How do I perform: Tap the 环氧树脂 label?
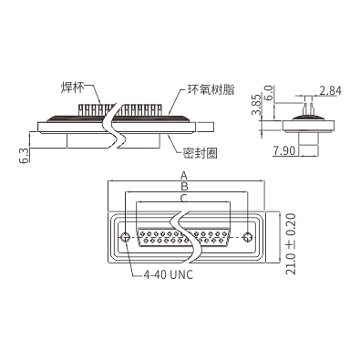click(211, 90)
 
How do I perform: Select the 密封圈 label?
click(201, 153)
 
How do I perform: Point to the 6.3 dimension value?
click(26, 155)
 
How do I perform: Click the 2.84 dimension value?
click(330, 90)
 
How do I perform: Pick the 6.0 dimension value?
click(269, 93)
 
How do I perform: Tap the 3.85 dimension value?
click(256, 105)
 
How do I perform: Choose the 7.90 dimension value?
click(283, 150)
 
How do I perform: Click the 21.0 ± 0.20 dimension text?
click(291, 244)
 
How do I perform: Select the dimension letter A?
click(184, 176)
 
